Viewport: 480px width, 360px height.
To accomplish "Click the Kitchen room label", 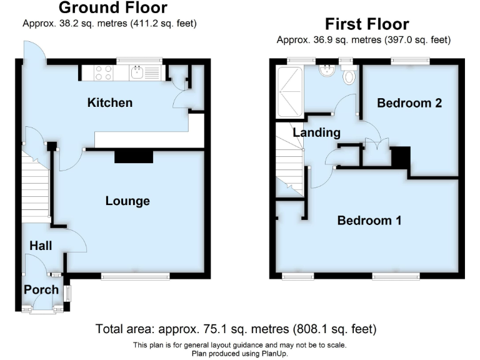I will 110,102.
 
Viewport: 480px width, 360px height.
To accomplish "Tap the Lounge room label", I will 127,201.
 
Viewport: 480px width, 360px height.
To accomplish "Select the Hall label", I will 40,246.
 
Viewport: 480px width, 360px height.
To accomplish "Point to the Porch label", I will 41,289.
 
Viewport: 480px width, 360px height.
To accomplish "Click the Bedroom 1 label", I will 369,220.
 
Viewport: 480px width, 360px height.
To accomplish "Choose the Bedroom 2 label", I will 409,103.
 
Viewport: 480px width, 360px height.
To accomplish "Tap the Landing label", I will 316,132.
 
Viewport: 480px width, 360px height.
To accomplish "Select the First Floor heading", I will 367,24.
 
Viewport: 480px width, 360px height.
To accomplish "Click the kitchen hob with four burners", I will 104,73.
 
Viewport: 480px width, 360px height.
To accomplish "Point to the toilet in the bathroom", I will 349,76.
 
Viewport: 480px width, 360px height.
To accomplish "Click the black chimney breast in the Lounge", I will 134,156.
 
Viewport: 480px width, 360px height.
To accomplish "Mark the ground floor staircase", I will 36,187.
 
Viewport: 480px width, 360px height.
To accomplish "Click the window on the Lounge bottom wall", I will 136,276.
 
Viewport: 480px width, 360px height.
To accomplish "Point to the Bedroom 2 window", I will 410,61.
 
